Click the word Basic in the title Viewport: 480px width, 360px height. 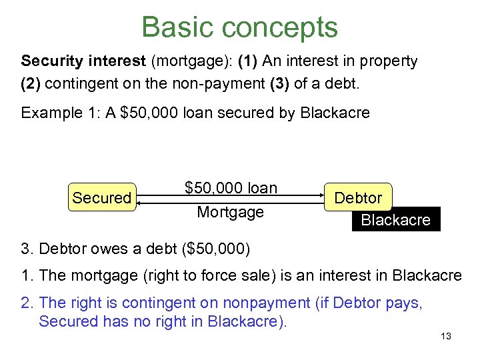pyautogui.click(x=177, y=27)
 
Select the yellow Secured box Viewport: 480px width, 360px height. pyautogui.click(x=102, y=198)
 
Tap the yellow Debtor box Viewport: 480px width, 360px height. pyautogui.click(x=358, y=198)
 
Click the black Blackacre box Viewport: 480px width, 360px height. pyautogui.click(x=395, y=220)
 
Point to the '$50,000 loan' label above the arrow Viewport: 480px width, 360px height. pyautogui.click(x=231, y=189)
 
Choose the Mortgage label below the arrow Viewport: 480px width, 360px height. pyautogui.click(x=230, y=212)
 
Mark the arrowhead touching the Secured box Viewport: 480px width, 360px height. pyautogui.click(x=141, y=198)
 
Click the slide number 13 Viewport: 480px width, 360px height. pyautogui.click(x=446, y=336)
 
